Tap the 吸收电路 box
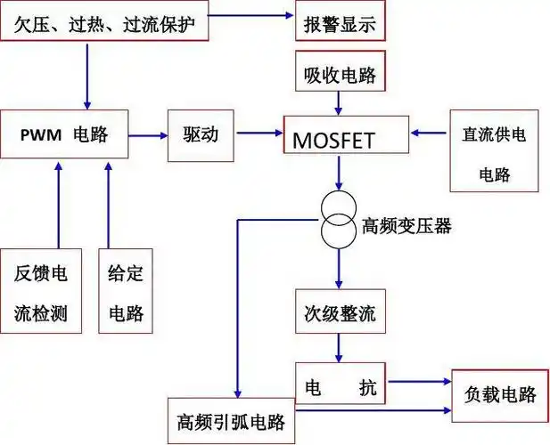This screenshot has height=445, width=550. (x=341, y=73)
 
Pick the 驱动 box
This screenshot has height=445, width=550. (x=192, y=137)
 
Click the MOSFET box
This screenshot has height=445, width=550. (x=346, y=139)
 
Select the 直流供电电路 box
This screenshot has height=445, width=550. (x=494, y=151)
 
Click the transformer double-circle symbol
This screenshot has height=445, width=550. (x=338, y=219)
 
